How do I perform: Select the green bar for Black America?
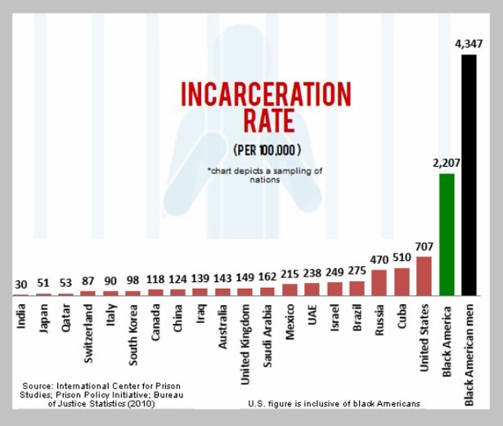tap(447, 234)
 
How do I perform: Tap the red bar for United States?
tap(424, 276)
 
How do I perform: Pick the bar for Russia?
tap(379, 282)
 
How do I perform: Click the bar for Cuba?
tap(402, 280)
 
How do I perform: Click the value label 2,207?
tap(446, 163)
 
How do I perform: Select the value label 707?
tap(424, 245)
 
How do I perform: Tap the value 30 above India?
tap(20, 285)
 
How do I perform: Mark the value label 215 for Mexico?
tap(290, 273)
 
